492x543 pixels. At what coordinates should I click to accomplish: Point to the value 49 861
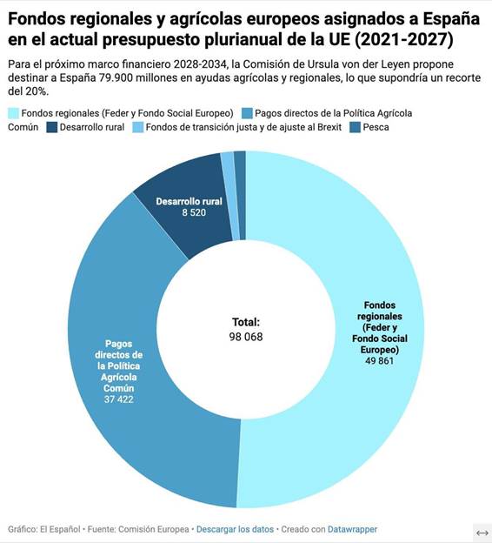point(380,360)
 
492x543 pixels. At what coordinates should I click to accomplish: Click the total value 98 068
point(246,336)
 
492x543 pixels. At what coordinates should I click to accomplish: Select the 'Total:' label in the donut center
point(246,322)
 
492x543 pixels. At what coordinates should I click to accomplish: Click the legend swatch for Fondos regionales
point(13,113)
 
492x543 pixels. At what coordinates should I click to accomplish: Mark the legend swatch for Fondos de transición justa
point(139,127)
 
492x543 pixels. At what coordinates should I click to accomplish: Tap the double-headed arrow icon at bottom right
point(482,532)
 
